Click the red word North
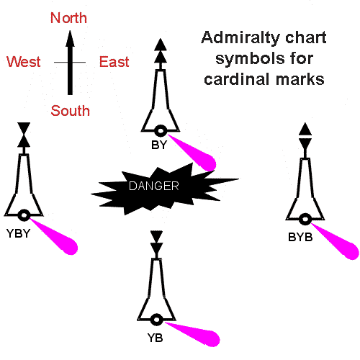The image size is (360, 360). click(68, 18)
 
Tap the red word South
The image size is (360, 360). click(71, 111)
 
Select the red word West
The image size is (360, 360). click(24, 62)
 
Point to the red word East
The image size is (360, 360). click(114, 62)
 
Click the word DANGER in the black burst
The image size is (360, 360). click(154, 186)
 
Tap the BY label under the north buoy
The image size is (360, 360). click(159, 145)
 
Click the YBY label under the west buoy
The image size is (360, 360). click(18, 233)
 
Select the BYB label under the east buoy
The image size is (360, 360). click(300, 238)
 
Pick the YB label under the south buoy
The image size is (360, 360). click(155, 338)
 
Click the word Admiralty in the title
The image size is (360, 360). click(240, 38)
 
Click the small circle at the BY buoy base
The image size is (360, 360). click(161, 131)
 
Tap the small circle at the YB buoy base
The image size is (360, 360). click(156, 320)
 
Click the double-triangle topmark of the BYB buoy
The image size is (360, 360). click(305, 136)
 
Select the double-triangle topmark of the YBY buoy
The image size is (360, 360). click(24, 135)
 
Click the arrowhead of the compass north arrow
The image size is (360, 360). click(70, 38)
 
